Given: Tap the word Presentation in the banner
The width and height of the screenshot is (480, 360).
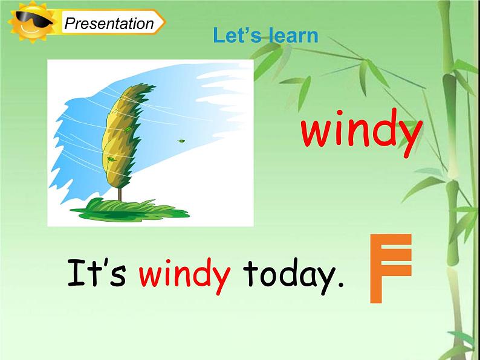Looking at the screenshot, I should (x=109, y=24).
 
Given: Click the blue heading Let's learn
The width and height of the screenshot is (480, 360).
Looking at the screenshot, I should (x=265, y=36).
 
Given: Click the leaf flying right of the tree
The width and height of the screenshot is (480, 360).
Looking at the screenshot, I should (x=181, y=141).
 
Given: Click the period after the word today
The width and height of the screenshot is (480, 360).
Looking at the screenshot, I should (x=339, y=286).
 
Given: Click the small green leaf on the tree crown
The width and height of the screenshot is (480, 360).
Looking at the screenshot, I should (x=128, y=129).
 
